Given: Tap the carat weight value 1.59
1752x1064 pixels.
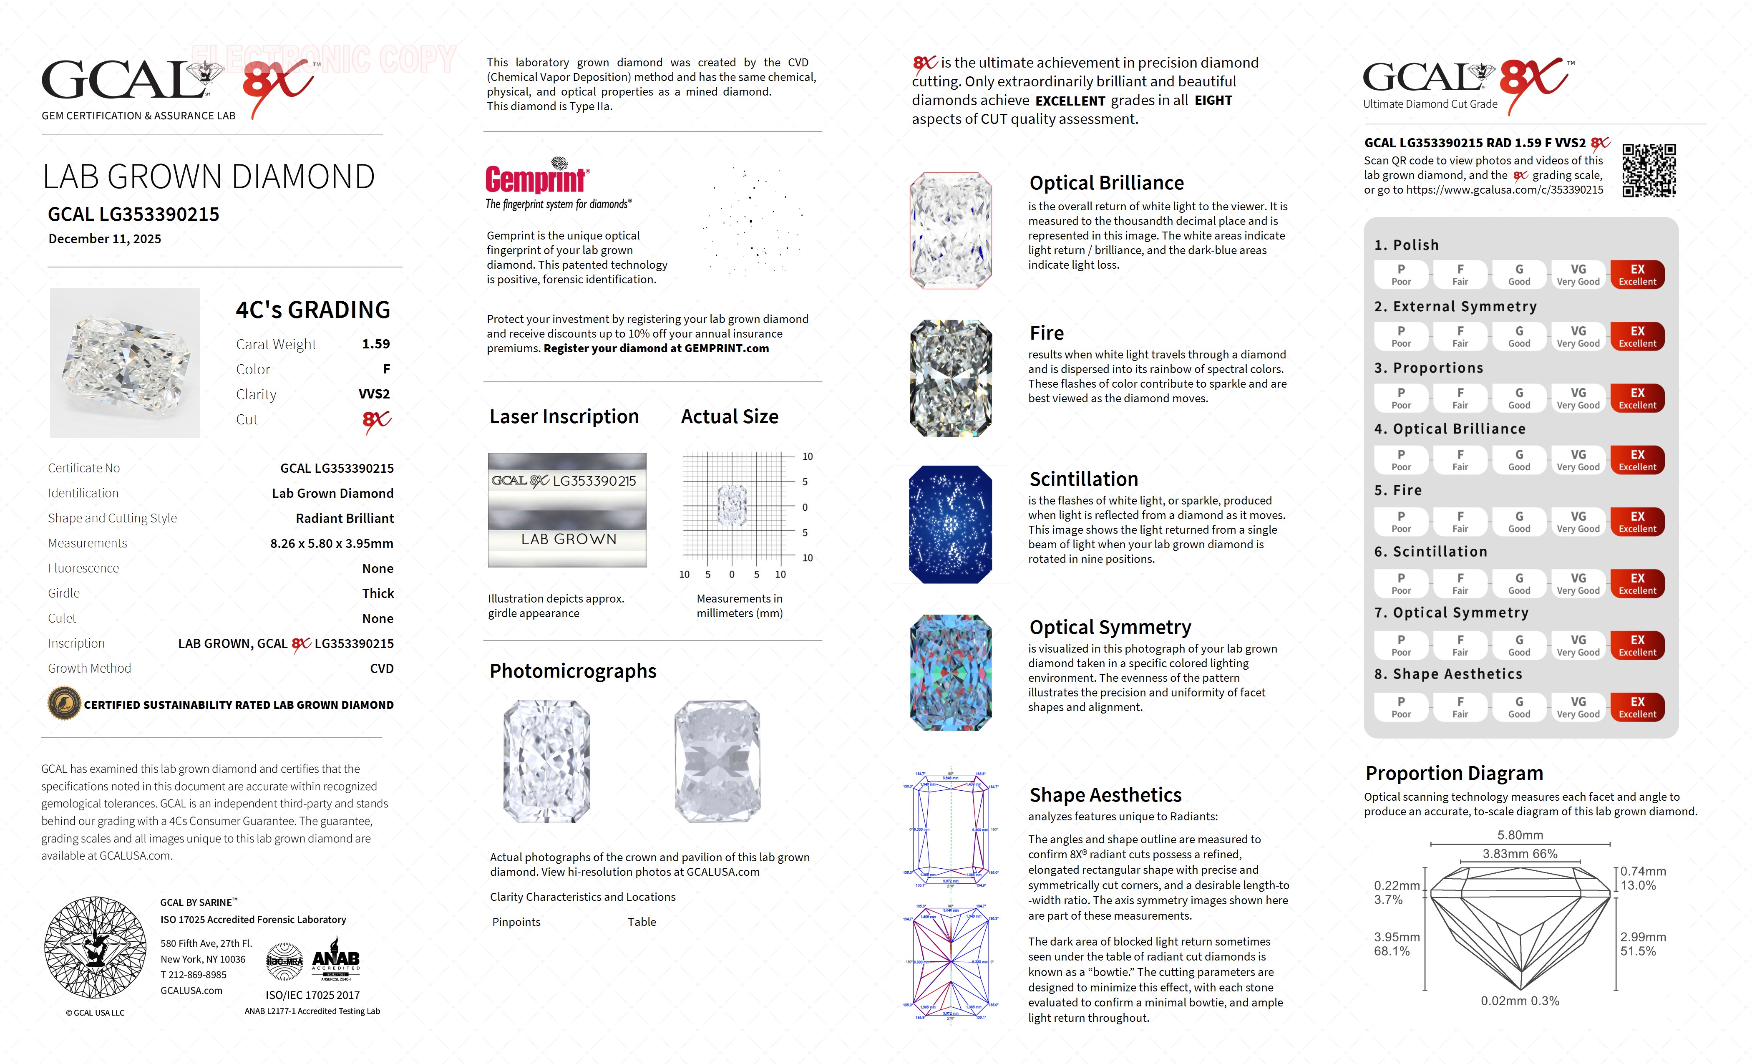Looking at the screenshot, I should click(375, 343).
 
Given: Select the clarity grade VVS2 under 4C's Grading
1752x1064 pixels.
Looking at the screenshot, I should click(374, 394).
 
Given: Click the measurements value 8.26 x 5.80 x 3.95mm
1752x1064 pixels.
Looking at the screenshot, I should click(331, 543).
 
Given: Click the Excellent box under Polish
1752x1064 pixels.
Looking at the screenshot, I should click(1637, 275).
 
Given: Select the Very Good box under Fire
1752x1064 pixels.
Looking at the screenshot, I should click(1578, 521).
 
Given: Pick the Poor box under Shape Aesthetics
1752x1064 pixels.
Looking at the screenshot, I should click(1401, 707).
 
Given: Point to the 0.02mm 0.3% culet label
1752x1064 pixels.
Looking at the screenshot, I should click(1520, 1001).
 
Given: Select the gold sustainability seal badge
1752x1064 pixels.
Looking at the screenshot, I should click(64, 704).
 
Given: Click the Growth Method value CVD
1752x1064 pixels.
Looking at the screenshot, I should click(381, 668).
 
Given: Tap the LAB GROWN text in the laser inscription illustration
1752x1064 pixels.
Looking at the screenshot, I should click(568, 539).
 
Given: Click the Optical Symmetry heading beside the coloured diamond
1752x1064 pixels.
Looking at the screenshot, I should click(1110, 627).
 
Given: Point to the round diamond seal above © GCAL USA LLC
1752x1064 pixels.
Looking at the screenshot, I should click(95, 947).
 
